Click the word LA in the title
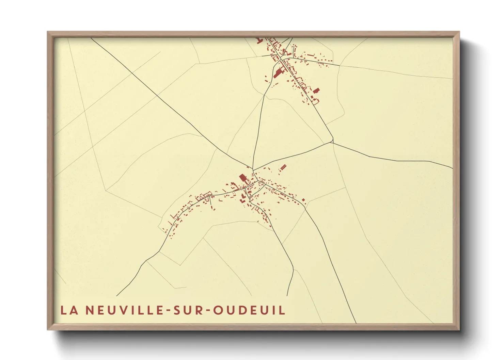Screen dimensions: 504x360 [x=69, y=310]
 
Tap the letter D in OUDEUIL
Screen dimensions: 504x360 [x=243, y=310]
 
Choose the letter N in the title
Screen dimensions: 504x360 [x=90, y=310]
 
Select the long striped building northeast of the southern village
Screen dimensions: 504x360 [x=283, y=168]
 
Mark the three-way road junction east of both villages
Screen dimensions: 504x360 [x=332, y=142]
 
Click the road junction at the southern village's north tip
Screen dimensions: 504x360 [x=253, y=168]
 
